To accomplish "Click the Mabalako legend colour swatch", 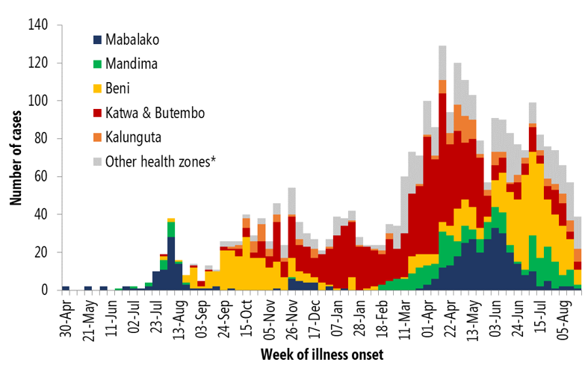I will [97, 40].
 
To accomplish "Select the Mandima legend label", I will [131, 63].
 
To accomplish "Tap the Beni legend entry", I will [119, 87].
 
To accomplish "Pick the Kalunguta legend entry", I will [134, 136].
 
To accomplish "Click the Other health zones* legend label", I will [161, 160].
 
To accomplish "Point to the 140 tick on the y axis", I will [37, 25].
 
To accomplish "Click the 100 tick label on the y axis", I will [37, 101].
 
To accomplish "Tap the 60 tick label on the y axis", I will [41, 177].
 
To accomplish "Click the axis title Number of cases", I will [16, 158].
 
